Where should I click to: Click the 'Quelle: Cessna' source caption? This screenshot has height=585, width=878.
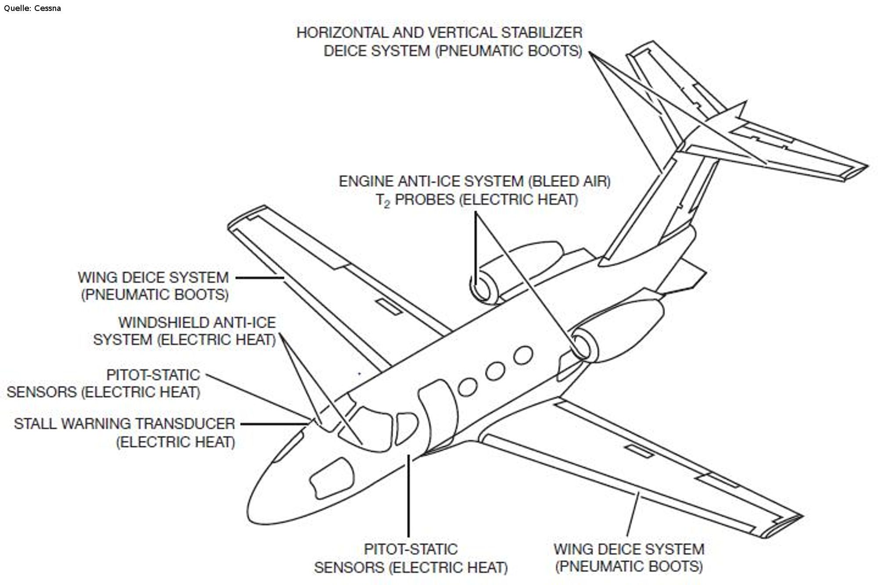click(32, 8)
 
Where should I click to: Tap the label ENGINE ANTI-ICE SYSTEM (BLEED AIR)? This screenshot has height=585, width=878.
click(475, 181)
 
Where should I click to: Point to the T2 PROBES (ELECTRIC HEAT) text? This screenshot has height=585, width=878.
click(477, 200)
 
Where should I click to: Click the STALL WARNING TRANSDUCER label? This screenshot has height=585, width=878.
click(125, 423)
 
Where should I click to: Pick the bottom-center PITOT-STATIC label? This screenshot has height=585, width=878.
click(410, 549)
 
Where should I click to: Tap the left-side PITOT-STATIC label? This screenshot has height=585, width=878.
click(153, 375)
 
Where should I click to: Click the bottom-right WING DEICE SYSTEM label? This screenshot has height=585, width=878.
click(629, 549)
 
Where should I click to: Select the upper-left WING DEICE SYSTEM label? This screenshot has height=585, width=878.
click(153, 277)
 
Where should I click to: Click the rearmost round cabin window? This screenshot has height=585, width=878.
click(523, 355)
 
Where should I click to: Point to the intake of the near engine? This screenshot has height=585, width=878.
click(583, 345)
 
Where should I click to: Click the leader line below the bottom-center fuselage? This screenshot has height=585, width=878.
click(409, 496)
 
